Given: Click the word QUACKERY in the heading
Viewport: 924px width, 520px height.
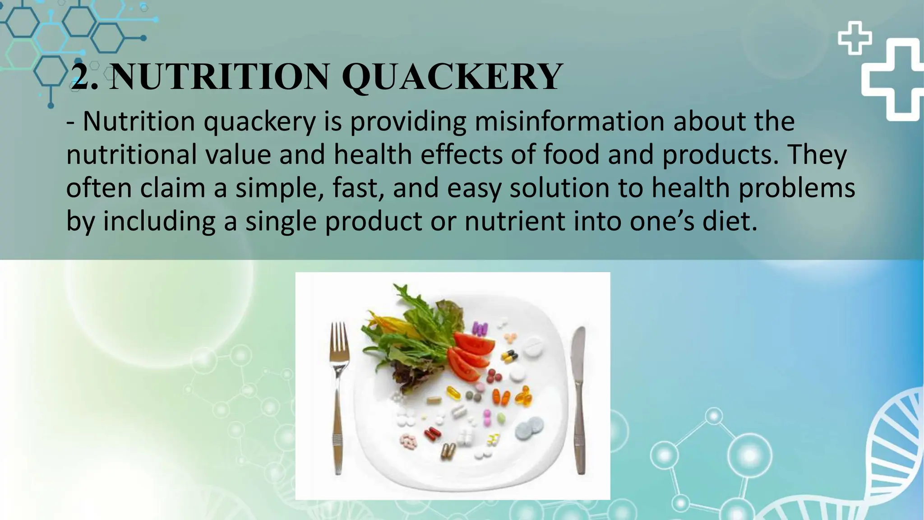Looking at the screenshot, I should (x=453, y=77).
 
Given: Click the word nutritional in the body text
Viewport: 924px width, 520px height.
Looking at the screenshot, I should (x=131, y=154).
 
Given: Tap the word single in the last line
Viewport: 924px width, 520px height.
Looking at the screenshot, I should (x=281, y=221).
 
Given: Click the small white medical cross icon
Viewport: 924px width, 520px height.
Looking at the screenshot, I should (x=854, y=38).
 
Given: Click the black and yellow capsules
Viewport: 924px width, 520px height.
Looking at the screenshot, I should (x=508, y=357).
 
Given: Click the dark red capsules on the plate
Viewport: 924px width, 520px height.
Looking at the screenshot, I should (x=432, y=434).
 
